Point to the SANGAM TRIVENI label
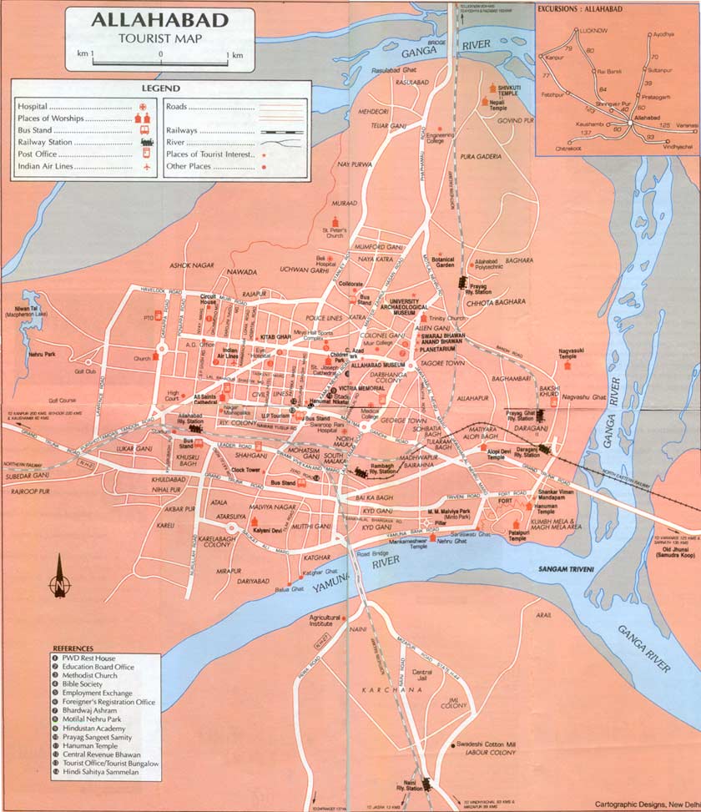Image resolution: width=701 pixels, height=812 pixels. click(561, 568)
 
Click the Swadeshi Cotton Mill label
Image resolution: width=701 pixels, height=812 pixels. click(487, 744)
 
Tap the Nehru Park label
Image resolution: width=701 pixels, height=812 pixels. click(43, 354)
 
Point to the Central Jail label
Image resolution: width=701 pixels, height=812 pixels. click(423, 673)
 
